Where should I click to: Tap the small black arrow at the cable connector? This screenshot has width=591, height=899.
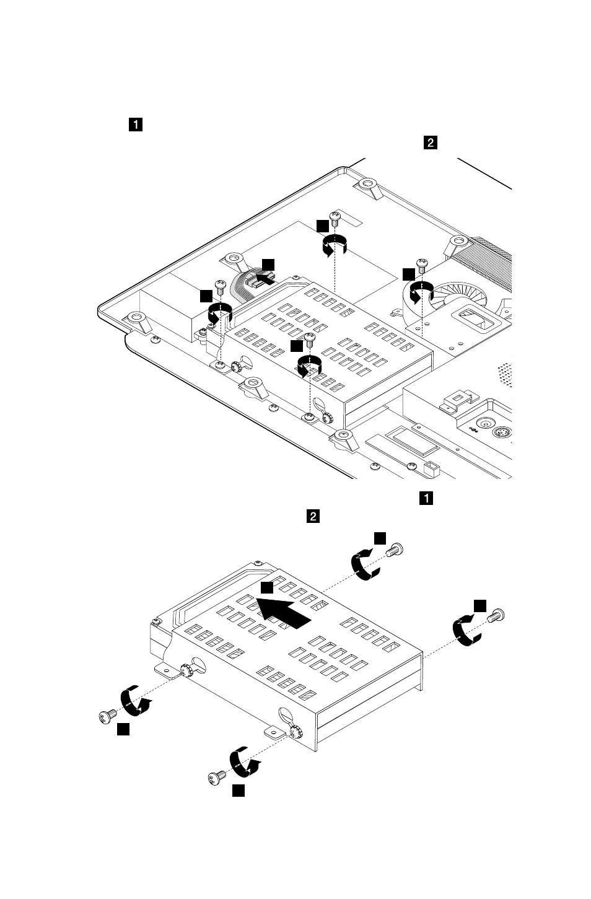tap(265, 278)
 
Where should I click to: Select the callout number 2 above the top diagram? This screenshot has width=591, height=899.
tap(431, 143)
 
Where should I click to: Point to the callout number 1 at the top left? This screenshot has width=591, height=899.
tap(136, 125)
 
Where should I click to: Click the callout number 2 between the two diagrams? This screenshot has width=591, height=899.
tap(313, 516)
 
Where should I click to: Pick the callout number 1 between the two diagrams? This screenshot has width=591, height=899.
tap(426, 498)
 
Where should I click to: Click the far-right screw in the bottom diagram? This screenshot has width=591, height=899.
tap(496, 615)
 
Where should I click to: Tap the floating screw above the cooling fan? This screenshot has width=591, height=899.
tap(422, 266)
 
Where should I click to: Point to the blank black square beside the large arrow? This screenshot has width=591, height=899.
tap(267, 587)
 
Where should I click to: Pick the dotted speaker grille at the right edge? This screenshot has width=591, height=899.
tap(505, 375)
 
